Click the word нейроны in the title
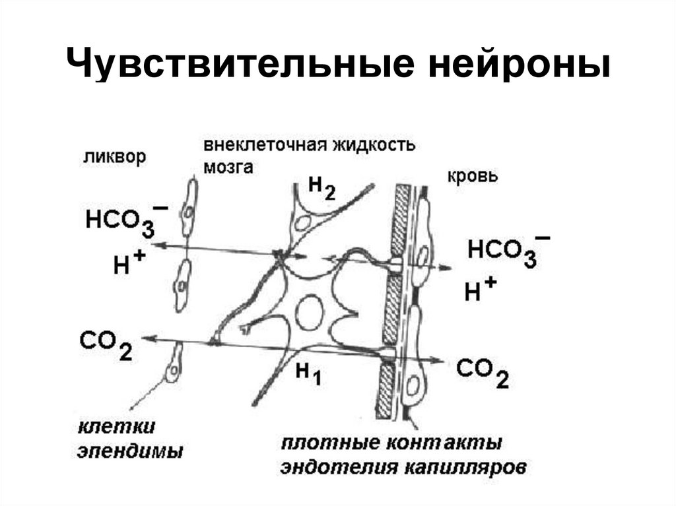click(x=508, y=68)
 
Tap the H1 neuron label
click(x=308, y=374)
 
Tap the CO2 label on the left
click(x=105, y=344)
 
